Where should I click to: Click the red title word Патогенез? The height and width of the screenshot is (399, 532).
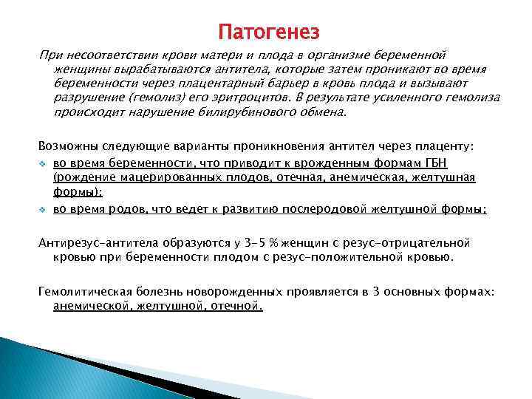(x=269, y=33)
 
